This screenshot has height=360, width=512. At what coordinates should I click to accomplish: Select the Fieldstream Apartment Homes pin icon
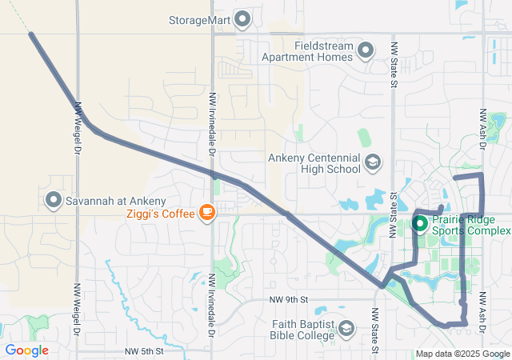[366, 51]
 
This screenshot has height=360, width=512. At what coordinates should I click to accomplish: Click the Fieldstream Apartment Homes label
[323, 51]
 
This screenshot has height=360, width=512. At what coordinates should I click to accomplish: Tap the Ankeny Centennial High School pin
[372, 163]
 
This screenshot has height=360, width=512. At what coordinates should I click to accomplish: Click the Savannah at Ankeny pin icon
[54, 199]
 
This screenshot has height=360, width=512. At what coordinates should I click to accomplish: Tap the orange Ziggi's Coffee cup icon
[207, 213]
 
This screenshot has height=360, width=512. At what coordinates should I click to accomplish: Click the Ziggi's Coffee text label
[159, 214]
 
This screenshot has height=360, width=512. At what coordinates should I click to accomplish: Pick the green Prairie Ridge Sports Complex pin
[420, 224]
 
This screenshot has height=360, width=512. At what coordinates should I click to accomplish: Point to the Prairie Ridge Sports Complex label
[470, 225]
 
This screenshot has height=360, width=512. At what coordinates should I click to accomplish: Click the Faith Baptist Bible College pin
[346, 329]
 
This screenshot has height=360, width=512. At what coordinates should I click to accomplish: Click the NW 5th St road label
[145, 351]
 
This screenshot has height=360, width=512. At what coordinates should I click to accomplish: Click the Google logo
[26, 350]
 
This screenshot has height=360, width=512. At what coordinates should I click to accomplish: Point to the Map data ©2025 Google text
[462, 354]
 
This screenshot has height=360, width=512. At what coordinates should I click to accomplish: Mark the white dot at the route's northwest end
[31, 34]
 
